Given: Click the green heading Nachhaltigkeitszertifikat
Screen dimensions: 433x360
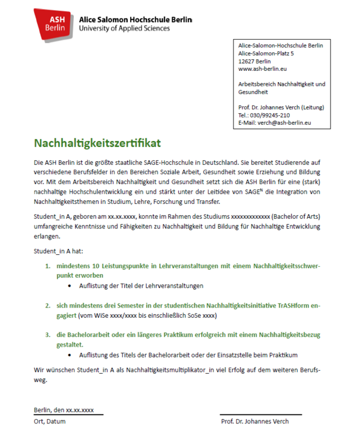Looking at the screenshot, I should [x=97, y=144].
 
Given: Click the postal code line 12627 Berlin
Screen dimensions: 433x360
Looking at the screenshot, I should [x=254, y=61].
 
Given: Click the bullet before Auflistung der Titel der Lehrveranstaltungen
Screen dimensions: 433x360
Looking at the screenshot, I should [x=71, y=285].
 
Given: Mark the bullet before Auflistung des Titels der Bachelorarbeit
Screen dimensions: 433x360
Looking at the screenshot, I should [x=71, y=355].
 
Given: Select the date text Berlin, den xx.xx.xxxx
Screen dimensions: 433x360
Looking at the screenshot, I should [x=64, y=410].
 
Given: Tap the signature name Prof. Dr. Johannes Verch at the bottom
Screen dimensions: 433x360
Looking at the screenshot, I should [x=255, y=421].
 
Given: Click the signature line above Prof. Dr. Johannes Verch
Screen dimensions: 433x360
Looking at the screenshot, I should [x=260, y=414].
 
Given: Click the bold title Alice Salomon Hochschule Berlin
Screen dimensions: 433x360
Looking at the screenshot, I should [x=135, y=19].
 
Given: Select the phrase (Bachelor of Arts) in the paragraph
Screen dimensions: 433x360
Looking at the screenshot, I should [x=295, y=217].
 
